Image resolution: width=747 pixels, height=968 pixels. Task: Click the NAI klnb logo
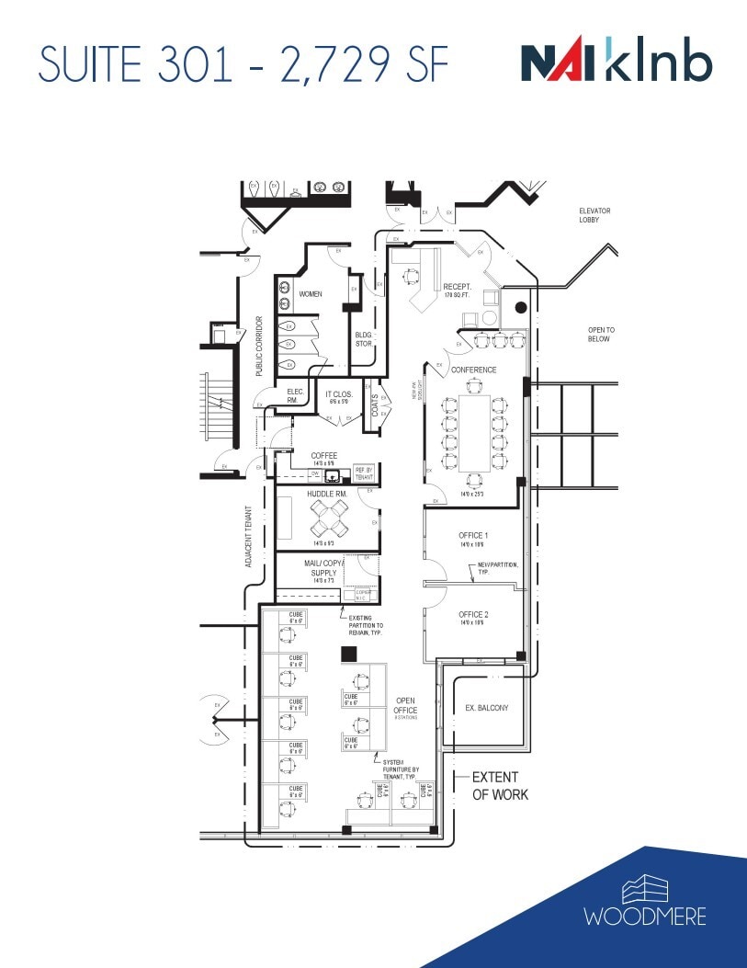[616, 64]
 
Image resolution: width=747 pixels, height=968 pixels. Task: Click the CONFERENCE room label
[473, 370]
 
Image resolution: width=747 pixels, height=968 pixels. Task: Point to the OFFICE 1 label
[473, 535]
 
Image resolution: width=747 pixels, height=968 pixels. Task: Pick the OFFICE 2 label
[473, 614]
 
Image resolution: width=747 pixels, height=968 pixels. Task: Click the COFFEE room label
[324, 456]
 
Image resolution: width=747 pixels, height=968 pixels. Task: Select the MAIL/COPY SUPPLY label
[323, 568]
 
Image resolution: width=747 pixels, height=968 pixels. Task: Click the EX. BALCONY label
[487, 708]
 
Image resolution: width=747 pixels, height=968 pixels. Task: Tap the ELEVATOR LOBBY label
[594, 215]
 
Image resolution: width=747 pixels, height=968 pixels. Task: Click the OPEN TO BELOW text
[601, 334]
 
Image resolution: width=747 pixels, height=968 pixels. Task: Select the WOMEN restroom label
[311, 294]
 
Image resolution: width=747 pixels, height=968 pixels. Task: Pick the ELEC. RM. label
[291, 395]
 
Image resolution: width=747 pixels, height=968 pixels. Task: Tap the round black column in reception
[520, 308]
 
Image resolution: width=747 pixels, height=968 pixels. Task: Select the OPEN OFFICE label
[405, 705]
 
